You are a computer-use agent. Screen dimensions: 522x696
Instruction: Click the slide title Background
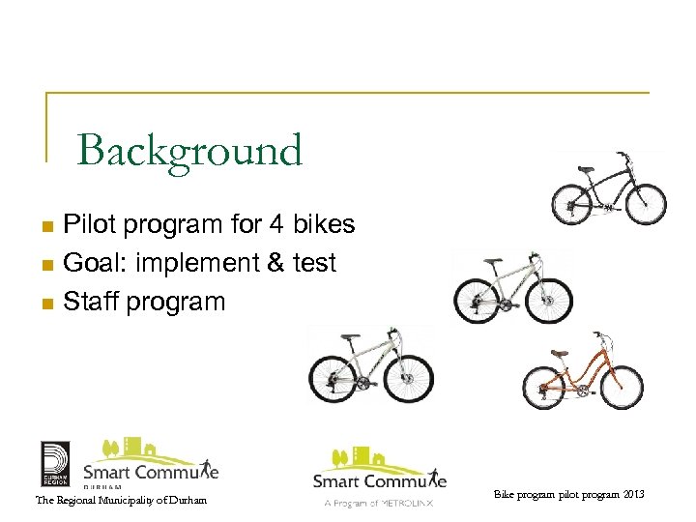(x=189, y=151)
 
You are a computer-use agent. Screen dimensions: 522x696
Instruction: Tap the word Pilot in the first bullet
(x=88, y=225)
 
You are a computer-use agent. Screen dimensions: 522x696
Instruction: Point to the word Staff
(x=88, y=302)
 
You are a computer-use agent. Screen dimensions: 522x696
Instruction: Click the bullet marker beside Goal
(x=45, y=265)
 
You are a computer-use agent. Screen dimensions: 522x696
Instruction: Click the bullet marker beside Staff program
(x=45, y=304)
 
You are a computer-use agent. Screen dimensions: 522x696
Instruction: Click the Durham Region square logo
(x=54, y=464)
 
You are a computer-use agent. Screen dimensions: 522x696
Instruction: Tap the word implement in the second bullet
(x=186, y=263)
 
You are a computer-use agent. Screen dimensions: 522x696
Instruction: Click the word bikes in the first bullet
(x=324, y=225)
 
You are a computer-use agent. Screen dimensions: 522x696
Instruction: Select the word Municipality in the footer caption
(x=121, y=500)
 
